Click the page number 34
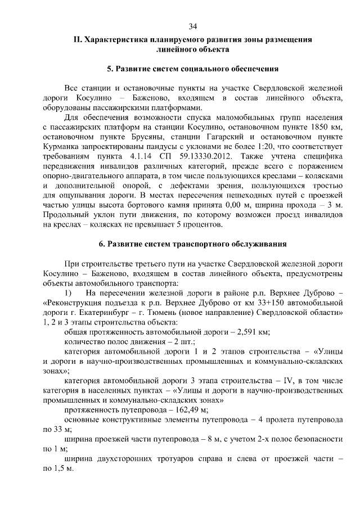coord(192,26)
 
